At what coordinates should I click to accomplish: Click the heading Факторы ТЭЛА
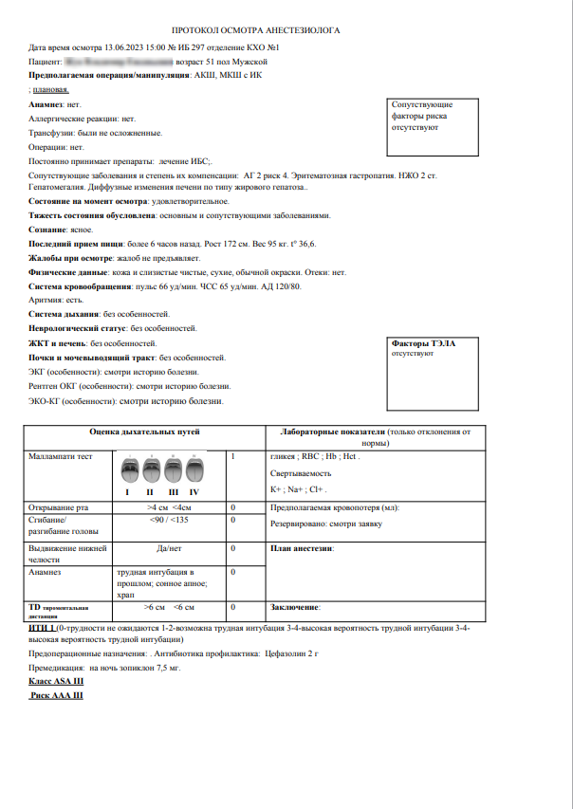click(x=422, y=343)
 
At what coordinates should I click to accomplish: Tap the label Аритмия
click(x=46, y=300)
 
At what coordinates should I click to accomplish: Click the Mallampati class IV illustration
click(x=194, y=471)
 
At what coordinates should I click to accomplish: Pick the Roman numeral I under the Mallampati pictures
click(x=127, y=492)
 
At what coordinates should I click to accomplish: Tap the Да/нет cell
click(x=170, y=548)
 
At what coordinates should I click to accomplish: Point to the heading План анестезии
click(x=303, y=548)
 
